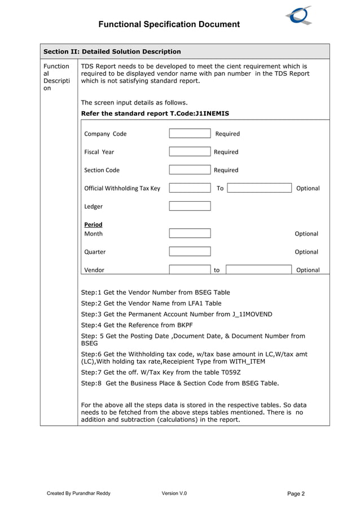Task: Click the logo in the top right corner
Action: pos(299,15)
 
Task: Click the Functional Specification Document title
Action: pos(169,24)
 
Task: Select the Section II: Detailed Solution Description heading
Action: pos(112,51)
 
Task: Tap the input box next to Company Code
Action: pos(190,134)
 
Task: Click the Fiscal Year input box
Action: pos(190,152)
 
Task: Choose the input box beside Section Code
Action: pos(190,170)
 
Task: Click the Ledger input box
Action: pos(190,206)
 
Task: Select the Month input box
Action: pos(190,233)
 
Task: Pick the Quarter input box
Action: pos(190,251)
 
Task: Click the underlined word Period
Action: pos(93,224)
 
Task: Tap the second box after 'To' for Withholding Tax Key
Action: pos(259,188)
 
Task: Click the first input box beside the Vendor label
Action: pos(190,269)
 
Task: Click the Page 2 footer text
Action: pos(296,494)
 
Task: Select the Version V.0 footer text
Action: pos(174,494)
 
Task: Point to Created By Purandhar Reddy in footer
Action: pos(78,494)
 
